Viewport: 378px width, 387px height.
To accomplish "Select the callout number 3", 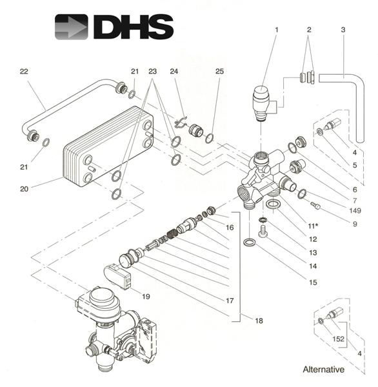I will pyautogui.click(x=343, y=30).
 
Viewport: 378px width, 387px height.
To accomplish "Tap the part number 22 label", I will pyautogui.click(x=24, y=72).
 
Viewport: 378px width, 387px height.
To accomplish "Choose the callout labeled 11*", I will pyautogui.click(x=312, y=226).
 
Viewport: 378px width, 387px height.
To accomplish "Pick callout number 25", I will pyautogui.click(x=220, y=72).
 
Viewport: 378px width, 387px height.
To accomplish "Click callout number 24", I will pyautogui.click(x=173, y=72).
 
